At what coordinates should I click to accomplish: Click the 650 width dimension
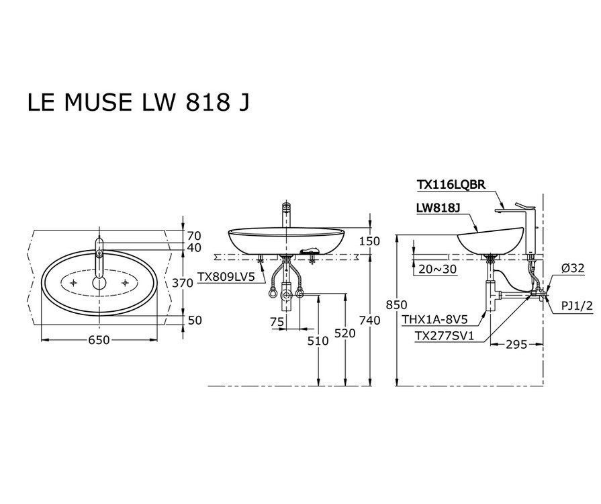click(x=99, y=341)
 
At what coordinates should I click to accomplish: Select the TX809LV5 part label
click(x=226, y=276)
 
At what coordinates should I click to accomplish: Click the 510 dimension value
click(x=318, y=341)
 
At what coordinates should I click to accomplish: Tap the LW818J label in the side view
click(x=438, y=209)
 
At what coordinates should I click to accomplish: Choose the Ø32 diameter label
click(x=573, y=267)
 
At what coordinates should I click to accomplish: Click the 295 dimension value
click(x=516, y=345)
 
